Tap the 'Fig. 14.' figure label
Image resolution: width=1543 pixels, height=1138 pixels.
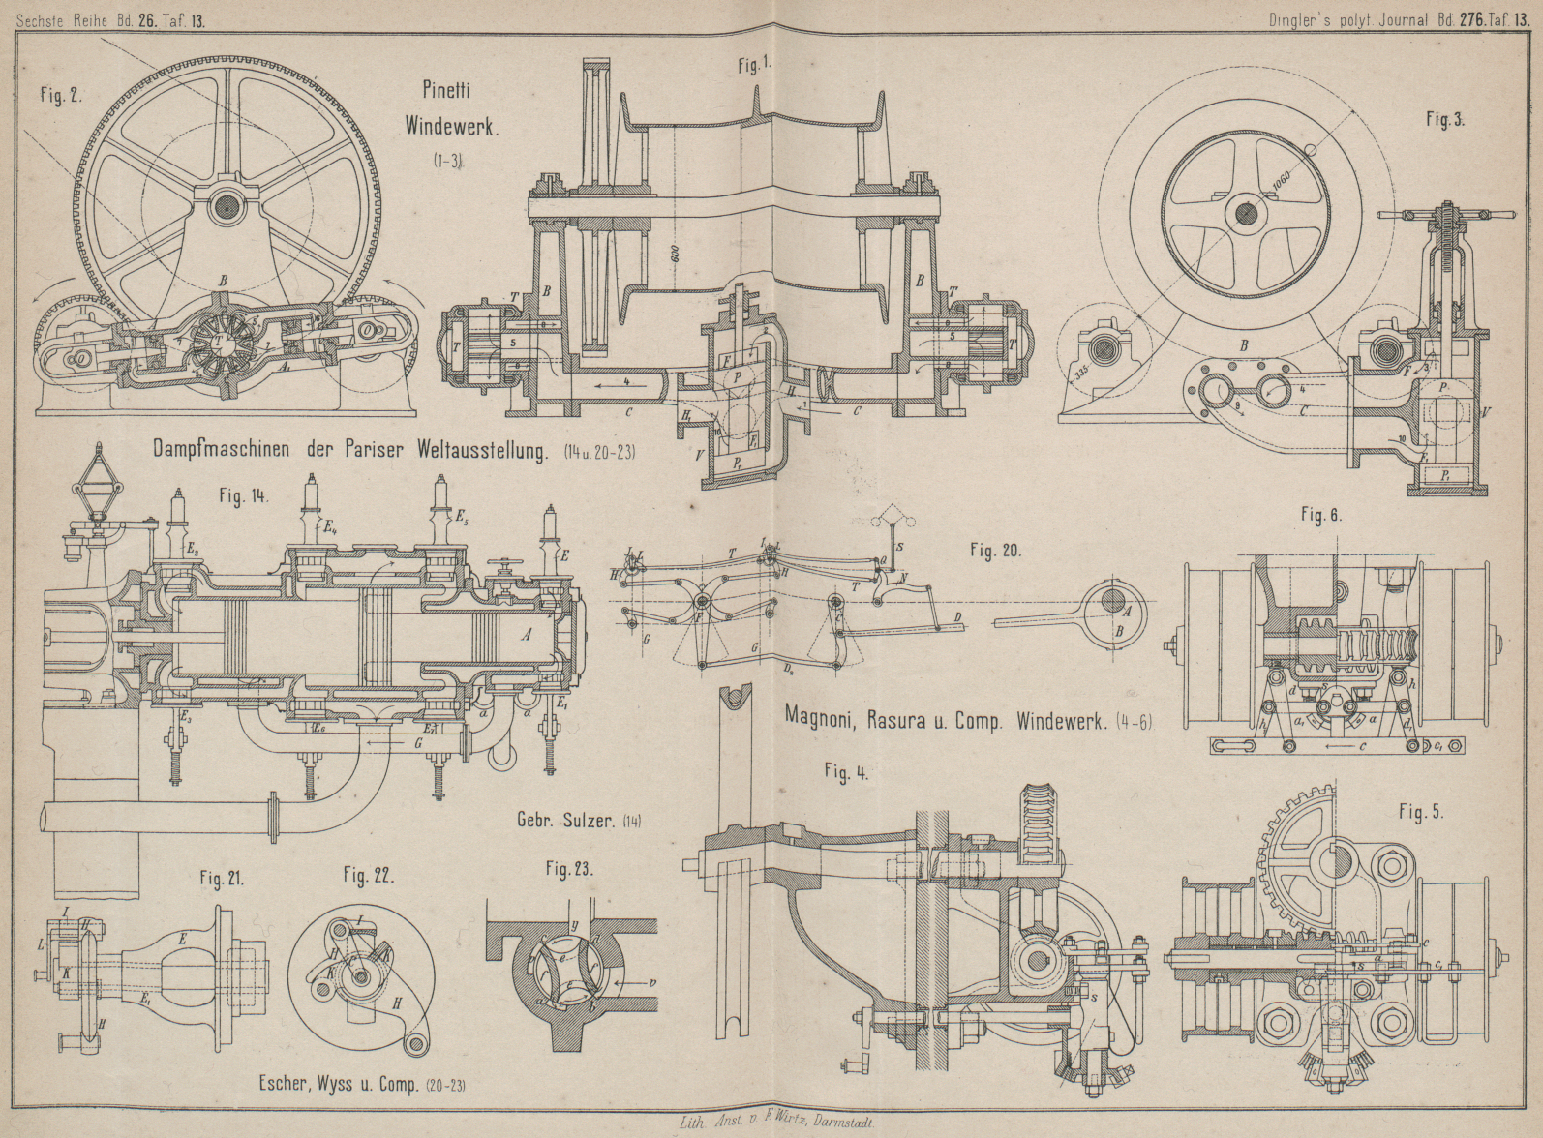(x=243, y=496)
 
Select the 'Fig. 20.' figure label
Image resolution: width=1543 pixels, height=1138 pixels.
(x=996, y=552)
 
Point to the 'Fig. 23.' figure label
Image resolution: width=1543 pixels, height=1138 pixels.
(x=569, y=869)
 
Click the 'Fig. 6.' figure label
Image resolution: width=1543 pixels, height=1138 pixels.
(x=1321, y=516)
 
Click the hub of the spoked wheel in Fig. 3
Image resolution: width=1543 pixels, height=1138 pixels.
(x=1244, y=215)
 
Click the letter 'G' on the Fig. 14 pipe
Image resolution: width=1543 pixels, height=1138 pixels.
(x=417, y=743)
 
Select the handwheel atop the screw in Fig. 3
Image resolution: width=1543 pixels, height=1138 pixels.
(x=1443, y=216)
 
